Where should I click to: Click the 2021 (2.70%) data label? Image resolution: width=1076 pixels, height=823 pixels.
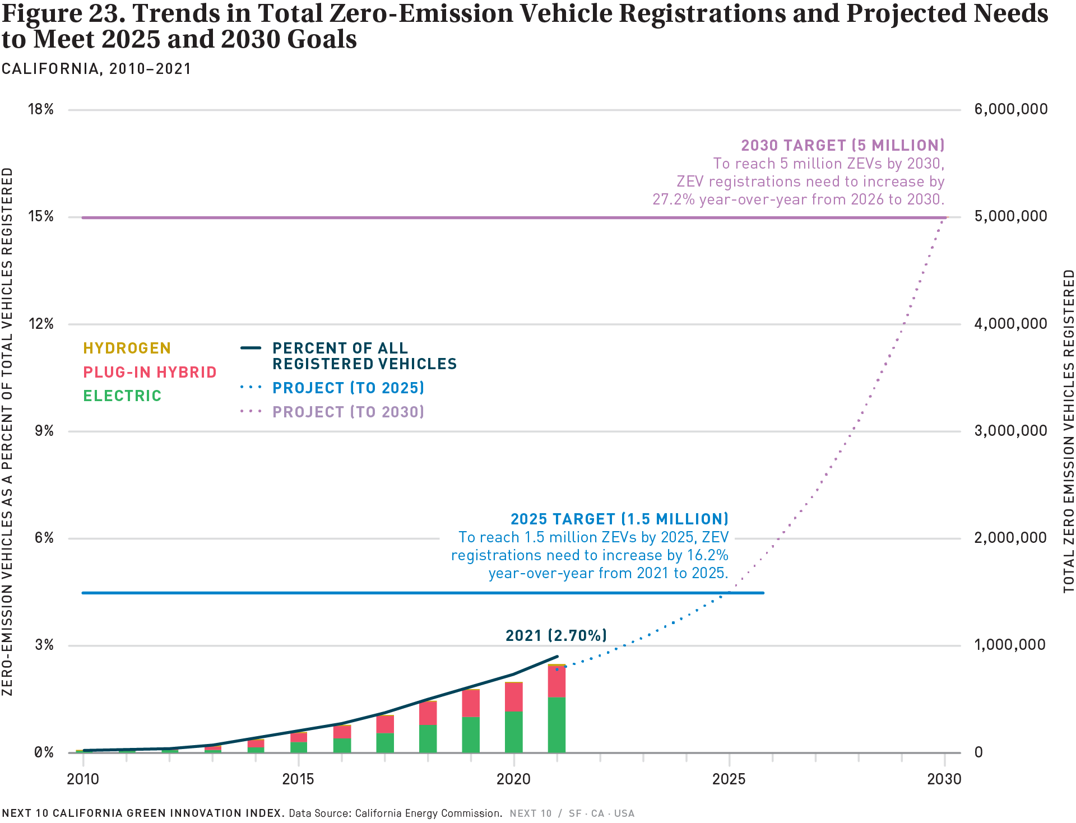[556, 635]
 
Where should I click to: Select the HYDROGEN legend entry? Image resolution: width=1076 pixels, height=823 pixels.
[127, 348]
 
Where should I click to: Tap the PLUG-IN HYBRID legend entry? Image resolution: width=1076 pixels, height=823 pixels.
[150, 373]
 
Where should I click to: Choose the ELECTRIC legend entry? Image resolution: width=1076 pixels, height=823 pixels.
[122, 396]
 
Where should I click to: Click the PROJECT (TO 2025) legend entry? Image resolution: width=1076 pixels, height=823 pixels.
[347, 388]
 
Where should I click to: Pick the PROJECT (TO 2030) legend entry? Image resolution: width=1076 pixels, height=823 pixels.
[347, 412]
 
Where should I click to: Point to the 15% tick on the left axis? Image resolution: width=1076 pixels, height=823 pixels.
[41, 216]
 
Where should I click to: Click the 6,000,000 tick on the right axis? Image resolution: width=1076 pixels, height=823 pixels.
[1010, 109]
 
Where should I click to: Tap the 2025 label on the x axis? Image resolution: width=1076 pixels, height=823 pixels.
[729, 779]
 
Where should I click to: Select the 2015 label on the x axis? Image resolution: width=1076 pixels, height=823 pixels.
[298, 779]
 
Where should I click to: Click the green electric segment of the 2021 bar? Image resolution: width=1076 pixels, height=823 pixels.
[556, 724]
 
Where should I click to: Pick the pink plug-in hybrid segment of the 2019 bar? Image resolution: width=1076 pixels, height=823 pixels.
[471, 703]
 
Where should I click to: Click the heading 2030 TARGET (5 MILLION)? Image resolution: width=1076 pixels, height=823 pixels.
[842, 146]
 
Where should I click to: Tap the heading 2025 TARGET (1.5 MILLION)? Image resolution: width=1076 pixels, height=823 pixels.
[619, 519]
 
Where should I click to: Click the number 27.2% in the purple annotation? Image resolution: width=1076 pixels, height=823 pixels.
[673, 199]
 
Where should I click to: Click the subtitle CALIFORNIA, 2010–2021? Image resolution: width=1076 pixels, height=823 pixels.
[96, 69]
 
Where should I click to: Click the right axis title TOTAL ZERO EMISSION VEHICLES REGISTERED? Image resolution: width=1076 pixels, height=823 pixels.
[1069, 431]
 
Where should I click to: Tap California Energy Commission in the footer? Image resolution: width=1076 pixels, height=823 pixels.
[428, 813]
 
